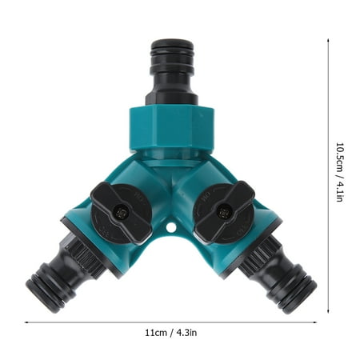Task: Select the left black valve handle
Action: [120, 211]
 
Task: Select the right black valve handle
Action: [223, 211]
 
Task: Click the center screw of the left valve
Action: [121, 212]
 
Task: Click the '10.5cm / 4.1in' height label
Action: [339, 172]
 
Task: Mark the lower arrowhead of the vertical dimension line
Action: [329, 306]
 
